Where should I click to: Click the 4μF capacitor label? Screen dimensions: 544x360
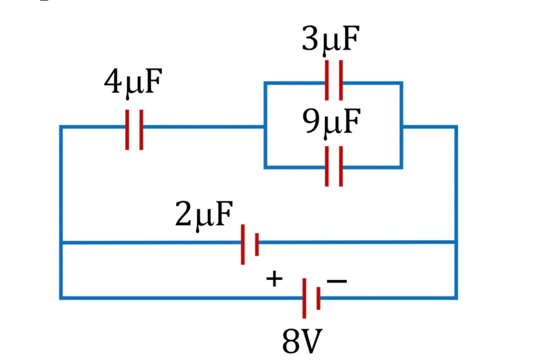(x=133, y=82)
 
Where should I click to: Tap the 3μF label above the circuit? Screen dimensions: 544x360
(x=331, y=40)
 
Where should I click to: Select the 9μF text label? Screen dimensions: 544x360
(x=331, y=122)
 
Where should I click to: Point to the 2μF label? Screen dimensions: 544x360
(x=204, y=215)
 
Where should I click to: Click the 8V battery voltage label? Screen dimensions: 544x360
(x=302, y=341)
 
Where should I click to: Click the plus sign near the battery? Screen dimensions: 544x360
(x=274, y=279)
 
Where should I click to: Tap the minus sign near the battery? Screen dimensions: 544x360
(x=336, y=281)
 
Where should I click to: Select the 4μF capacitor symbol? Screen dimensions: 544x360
(x=134, y=129)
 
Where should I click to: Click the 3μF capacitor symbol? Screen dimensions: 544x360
(x=334, y=80)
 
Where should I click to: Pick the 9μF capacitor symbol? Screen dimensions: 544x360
(x=334, y=166)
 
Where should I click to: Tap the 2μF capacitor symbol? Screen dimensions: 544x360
(x=250, y=244)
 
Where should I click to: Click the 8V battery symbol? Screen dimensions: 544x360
(x=311, y=298)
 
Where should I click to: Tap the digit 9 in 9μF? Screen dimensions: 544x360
(x=311, y=121)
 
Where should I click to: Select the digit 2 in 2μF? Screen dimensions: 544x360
(x=184, y=213)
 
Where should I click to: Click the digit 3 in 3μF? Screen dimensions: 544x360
(x=310, y=38)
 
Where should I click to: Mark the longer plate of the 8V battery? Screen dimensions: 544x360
(x=304, y=298)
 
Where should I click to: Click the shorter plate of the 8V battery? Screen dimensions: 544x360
(x=318, y=298)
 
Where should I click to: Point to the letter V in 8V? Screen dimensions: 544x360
(x=311, y=342)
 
